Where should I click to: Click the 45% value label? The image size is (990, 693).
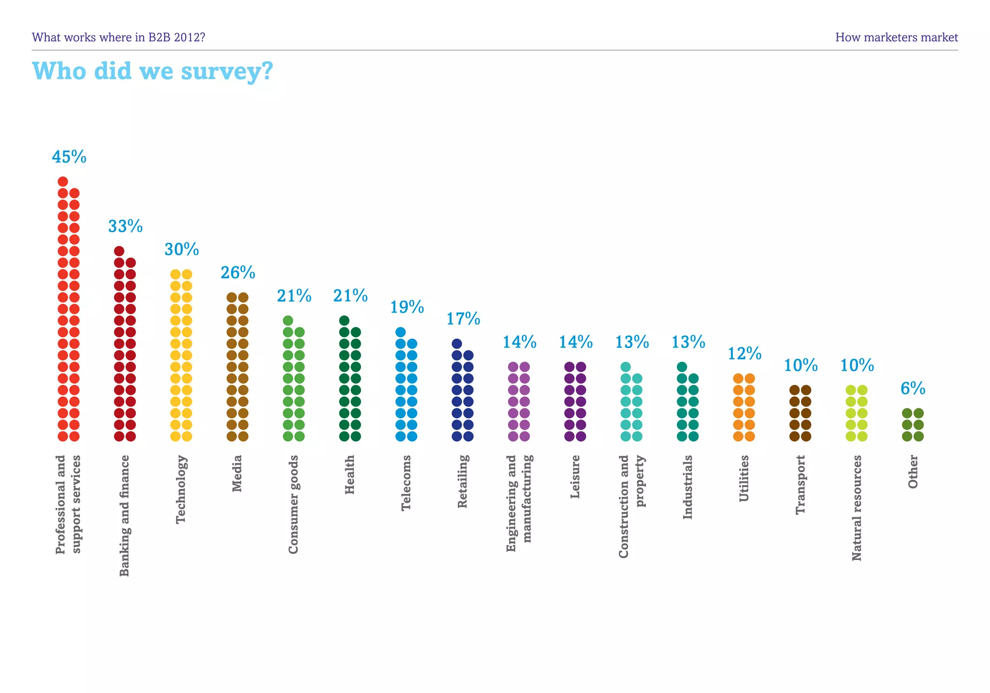(x=69, y=157)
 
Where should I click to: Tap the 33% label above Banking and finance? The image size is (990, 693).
(x=125, y=226)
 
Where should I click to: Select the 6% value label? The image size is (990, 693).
(x=913, y=389)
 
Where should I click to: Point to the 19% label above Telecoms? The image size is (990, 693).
(x=407, y=307)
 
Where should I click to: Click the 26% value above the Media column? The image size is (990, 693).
(x=237, y=273)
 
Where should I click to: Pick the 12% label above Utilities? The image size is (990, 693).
(x=744, y=354)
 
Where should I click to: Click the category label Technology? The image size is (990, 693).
(x=181, y=489)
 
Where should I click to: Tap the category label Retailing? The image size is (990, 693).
(x=463, y=481)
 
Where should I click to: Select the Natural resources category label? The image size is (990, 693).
(x=857, y=508)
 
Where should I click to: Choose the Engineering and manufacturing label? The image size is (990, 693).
(x=519, y=503)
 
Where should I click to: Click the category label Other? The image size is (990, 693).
(x=913, y=472)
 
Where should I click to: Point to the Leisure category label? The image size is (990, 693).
(x=575, y=476)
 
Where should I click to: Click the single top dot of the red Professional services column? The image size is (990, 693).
(x=63, y=182)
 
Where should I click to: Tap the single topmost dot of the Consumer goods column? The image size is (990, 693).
(x=288, y=320)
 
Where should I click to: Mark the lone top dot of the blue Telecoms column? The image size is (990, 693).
(x=400, y=332)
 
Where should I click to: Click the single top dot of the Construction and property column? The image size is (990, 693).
(x=626, y=367)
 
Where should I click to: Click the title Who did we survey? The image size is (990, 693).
(x=152, y=71)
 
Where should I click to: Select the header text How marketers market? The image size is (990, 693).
(x=896, y=37)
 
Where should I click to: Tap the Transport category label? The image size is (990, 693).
(x=801, y=485)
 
